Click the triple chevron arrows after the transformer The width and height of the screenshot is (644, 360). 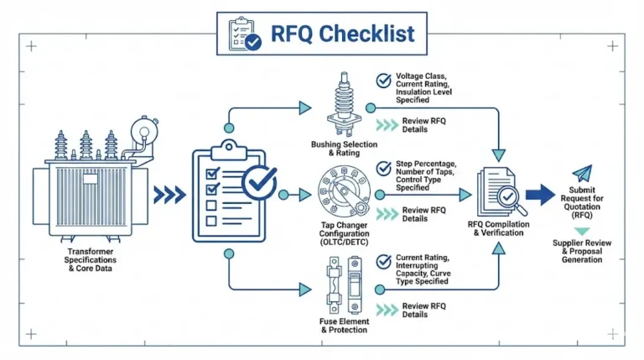click(x=169, y=195)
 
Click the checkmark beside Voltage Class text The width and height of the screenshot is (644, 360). click(x=383, y=81)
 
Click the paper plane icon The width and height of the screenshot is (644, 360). click(x=582, y=174)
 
